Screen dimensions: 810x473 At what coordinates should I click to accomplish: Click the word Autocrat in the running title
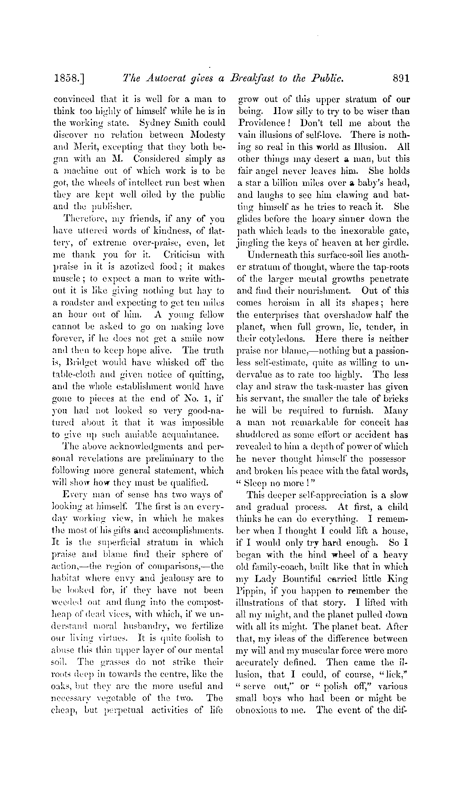coord(166,79)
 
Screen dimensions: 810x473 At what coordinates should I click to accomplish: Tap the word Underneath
coord(270,255)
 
